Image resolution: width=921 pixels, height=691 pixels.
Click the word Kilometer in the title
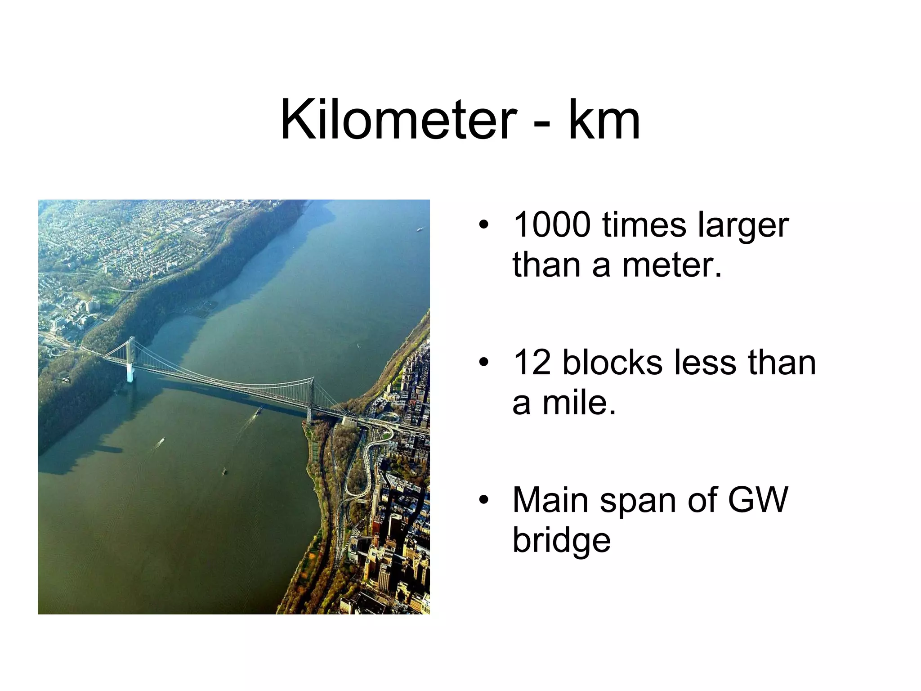click(x=398, y=120)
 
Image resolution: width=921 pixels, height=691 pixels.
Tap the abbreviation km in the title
click(x=604, y=120)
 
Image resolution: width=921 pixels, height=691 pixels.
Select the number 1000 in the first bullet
click(x=552, y=224)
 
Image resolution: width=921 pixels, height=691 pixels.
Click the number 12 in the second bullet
click(x=532, y=363)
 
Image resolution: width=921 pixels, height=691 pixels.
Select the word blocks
click(x=612, y=363)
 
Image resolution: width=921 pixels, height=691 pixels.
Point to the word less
click(x=705, y=363)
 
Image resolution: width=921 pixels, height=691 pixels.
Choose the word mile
click(x=579, y=403)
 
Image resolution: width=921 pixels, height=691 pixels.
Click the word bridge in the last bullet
click(x=562, y=542)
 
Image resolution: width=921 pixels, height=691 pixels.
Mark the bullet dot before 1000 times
click(x=483, y=225)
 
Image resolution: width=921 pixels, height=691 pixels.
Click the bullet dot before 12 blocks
click(x=483, y=363)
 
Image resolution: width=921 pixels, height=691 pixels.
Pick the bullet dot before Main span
click(x=483, y=501)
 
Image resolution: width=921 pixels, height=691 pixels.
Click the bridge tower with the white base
click(x=130, y=360)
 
